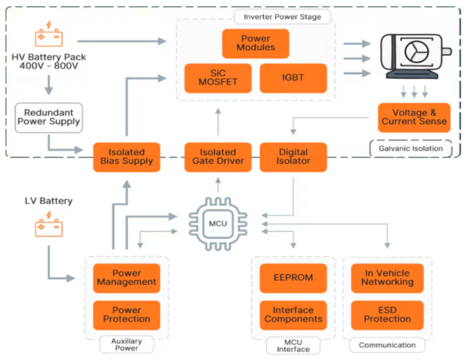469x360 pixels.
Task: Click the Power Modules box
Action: click(x=255, y=44)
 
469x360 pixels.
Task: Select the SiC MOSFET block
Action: click(x=219, y=79)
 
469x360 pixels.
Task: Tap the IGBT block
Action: click(x=292, y=79)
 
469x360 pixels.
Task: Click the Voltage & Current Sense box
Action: click(x=414, y=116)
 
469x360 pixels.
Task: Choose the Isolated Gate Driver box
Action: click(x=218, y=156)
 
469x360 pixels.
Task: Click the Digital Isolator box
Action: click(x=293, y=156)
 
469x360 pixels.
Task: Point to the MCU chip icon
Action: click(x=218, y=223)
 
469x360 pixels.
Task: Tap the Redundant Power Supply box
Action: click(x=48, y=116)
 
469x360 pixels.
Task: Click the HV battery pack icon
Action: click(x=48, y=37)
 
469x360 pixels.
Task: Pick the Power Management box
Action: click(x=126, y=276)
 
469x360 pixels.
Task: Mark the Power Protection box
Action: click(x=126, y=314)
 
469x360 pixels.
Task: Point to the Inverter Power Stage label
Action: click(x=282, y=16)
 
